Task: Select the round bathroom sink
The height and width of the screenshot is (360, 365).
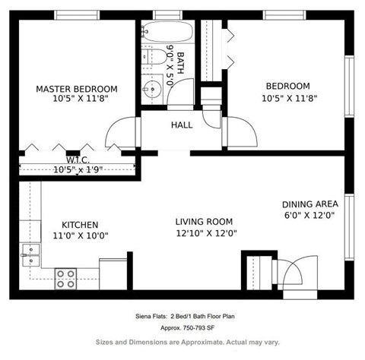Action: (x=151, y=90)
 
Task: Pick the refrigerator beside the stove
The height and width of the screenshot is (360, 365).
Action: (x=113, y=273)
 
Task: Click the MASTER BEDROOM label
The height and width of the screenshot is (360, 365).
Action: (x=76, y=88)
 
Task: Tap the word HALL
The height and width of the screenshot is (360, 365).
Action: (x=182, y=125)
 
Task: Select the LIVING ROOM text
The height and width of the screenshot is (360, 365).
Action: (x=204, y=222)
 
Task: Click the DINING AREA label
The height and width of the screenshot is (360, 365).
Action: (x=309, y=204)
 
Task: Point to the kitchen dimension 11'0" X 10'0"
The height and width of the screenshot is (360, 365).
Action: (x=80, y=235)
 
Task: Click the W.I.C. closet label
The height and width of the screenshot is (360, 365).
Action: (x=78, y=160)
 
